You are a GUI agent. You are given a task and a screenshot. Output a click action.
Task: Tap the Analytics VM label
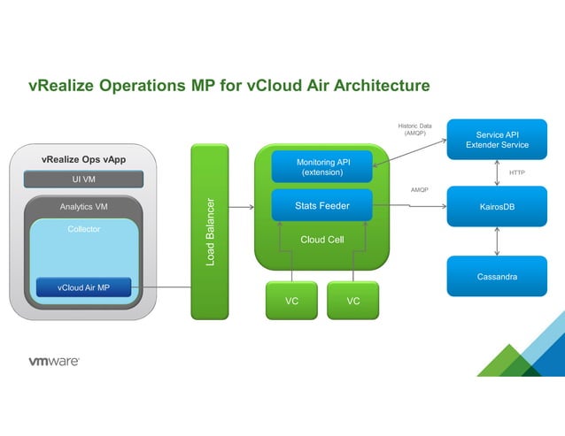tap(84, 207)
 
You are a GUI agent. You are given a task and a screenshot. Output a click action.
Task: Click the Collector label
tap(84, 229)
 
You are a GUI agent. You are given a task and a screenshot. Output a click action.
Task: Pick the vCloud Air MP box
tap(83, 287)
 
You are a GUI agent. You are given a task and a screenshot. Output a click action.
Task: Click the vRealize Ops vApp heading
tap(84, 160)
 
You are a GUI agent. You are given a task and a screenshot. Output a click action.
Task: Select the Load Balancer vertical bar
tap(210, 231)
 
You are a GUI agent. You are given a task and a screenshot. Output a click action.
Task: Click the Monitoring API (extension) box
tap(322, 167)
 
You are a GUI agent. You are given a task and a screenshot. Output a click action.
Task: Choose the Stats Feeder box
tap(322, 206)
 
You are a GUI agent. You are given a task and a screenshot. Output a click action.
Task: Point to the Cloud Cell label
tap(322, 240)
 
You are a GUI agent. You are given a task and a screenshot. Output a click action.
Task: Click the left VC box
tap(291, 301)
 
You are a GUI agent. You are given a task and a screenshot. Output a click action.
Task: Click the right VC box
tap(353, 301)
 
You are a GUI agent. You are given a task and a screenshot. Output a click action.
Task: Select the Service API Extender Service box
tap(497, 140)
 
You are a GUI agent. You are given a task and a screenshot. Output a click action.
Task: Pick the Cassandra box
tap(497, 277)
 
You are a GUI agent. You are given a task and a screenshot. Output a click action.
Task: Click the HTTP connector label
tap(517, 173)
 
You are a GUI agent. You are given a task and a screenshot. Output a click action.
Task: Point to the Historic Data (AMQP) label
tap(418, 130)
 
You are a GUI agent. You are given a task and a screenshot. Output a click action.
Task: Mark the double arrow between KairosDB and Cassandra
tap(497, 241)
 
